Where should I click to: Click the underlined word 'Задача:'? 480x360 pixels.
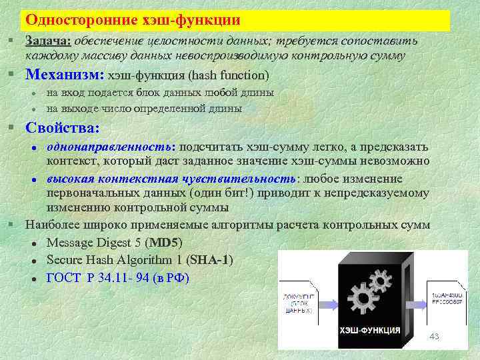48,41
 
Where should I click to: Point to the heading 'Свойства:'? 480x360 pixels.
62,127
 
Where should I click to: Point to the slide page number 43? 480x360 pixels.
434,336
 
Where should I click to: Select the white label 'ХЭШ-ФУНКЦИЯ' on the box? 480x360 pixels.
370,330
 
